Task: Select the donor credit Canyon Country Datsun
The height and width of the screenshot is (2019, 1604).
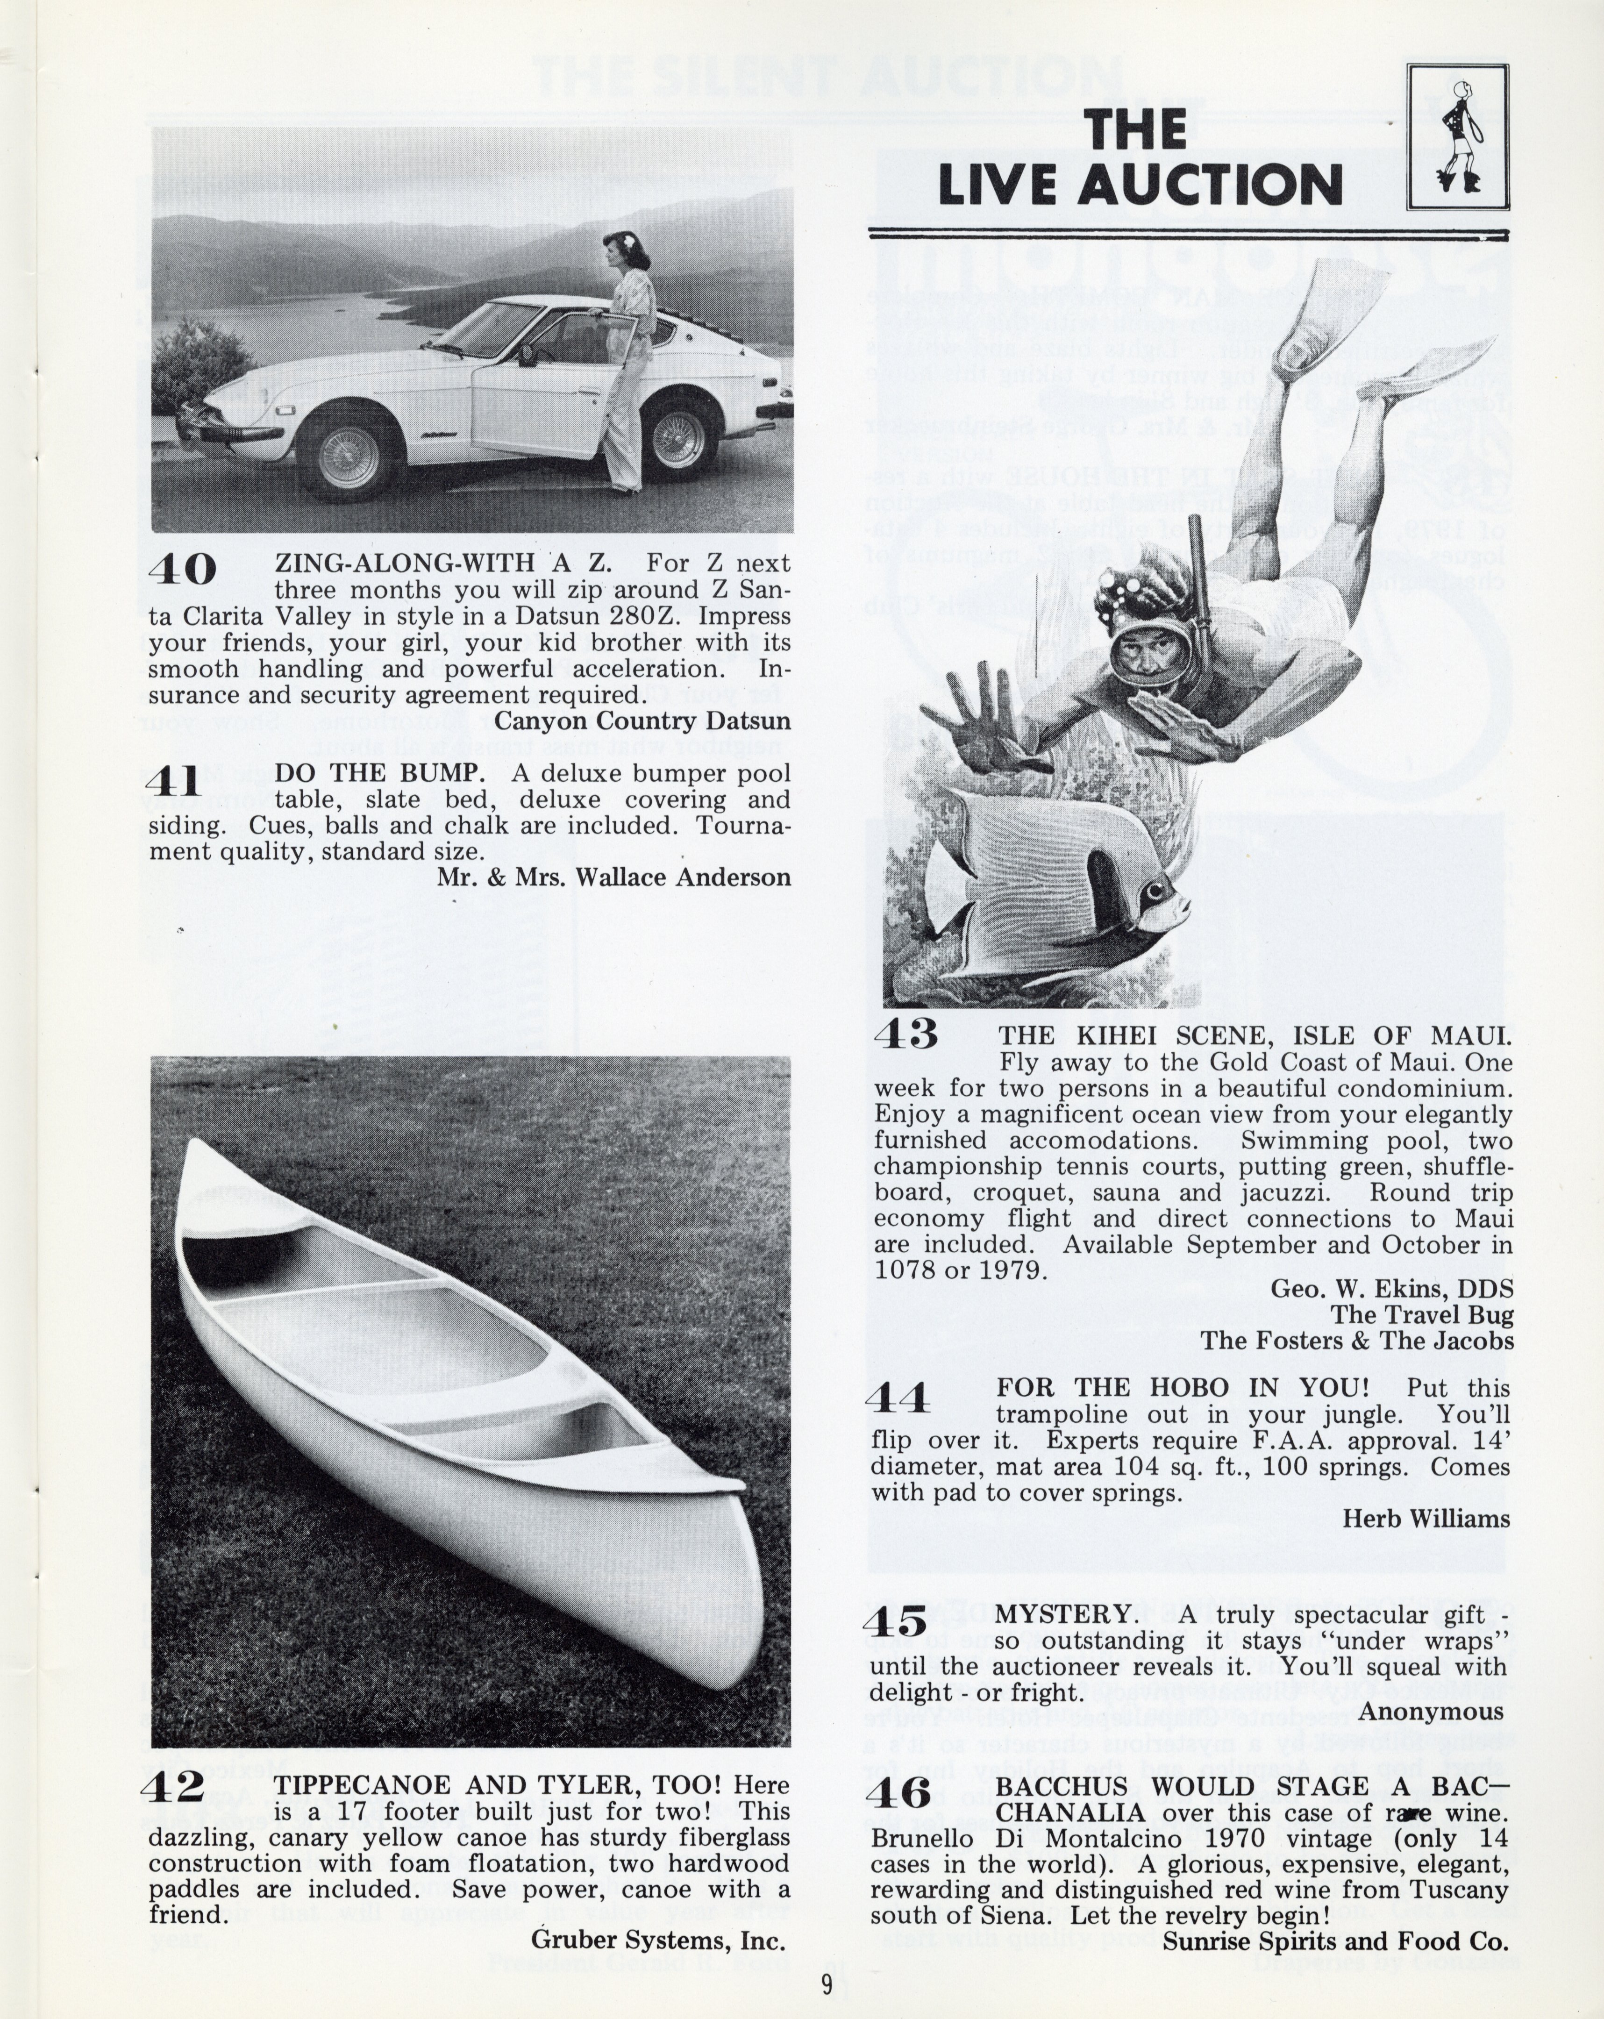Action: pos(642,721)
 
